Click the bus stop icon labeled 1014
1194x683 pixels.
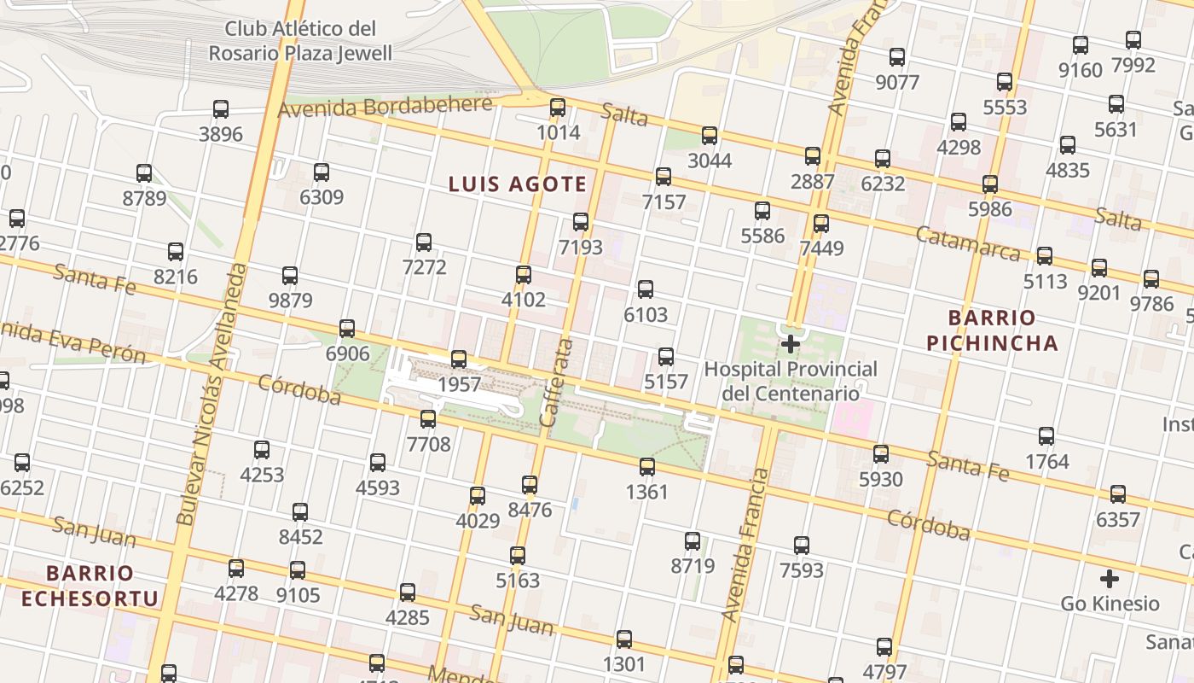[558, 108]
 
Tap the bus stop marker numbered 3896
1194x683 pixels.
[221, 109]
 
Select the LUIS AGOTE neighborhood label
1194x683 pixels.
[518, 184]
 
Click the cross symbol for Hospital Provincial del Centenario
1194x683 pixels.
[791, 344]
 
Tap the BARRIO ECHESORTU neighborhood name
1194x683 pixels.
[90, 585]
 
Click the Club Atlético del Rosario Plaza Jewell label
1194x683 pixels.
[300, 41]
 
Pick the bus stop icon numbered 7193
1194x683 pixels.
[581, 222]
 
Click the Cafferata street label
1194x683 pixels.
[556, 382]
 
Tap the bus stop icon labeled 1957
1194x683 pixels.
[459, 359]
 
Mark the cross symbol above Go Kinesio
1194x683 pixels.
[1109, 579]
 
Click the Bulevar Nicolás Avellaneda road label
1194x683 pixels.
[212, 393]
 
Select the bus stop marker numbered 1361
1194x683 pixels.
[647, 467]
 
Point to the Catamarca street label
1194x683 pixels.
[967, 244]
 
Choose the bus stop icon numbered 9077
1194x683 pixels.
[897, 57]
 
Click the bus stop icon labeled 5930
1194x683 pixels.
[881, 454]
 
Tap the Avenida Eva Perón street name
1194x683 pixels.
[72, 341]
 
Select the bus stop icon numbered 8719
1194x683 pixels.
[693, 541]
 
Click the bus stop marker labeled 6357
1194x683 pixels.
[1118, 494]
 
